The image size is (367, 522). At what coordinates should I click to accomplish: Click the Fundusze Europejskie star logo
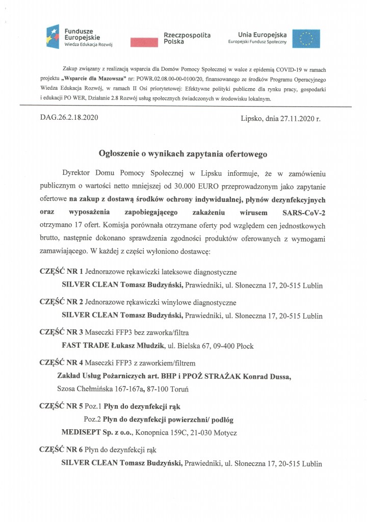(x=54, y=36)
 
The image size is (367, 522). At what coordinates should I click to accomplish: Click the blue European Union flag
(x=309, y=38)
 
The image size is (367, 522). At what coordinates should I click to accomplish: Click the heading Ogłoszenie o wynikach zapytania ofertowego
(x=183, y=152)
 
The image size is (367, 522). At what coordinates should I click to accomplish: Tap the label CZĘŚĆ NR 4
(x=61, y=363)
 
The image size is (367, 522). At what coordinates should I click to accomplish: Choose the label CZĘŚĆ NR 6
(x=61, y=450)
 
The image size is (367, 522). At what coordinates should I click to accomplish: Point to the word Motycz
(x=225, y=433)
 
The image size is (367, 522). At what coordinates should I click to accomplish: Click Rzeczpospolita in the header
(x=187, y=34)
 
